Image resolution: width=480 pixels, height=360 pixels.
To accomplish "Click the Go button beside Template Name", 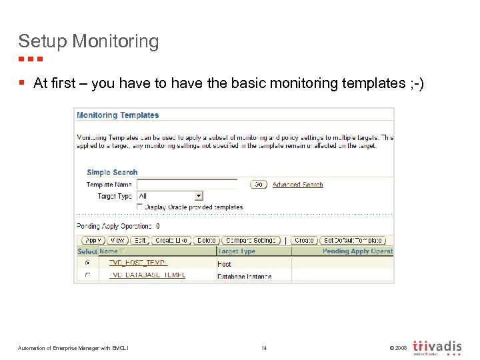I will point(259,185).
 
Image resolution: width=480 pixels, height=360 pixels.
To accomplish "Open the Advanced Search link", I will point(297,185).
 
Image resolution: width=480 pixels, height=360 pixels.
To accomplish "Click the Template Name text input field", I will point(187,184).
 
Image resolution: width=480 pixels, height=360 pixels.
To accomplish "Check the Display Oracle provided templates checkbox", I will point(140,207).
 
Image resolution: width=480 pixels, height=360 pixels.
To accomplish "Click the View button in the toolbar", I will point(117,240).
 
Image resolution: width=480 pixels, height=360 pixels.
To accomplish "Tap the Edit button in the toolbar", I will point(139,240).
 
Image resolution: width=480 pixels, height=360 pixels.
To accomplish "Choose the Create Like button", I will point(171,240).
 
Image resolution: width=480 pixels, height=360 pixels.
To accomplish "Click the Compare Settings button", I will point(251,240).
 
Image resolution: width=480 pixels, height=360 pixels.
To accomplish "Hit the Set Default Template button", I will point(353,240).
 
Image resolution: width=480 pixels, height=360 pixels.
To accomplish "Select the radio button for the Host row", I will point(88,263).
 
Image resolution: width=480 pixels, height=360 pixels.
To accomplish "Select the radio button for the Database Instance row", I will point(88,275).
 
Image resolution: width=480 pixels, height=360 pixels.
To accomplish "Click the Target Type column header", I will point(237,251).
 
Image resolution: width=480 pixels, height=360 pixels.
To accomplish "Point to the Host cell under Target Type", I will point(225,264).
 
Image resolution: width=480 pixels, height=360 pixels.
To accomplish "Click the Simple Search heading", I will point(112,172).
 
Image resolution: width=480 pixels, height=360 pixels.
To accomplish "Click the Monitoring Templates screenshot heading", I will point(118,115).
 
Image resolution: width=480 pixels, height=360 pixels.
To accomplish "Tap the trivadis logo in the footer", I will point(437,347).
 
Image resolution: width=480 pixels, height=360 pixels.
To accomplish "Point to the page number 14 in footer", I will point(264,347).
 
